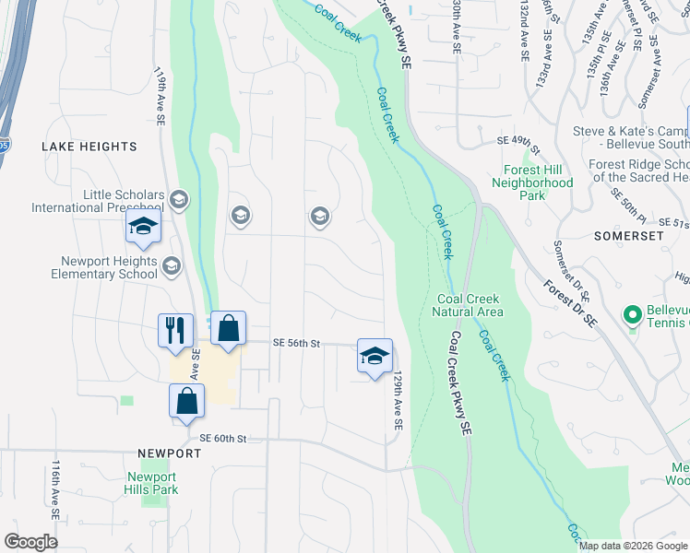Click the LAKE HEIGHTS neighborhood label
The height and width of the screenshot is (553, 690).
[89, 147]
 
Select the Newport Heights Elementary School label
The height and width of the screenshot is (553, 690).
[103, 267]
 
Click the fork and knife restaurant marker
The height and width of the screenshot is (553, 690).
[176, 329]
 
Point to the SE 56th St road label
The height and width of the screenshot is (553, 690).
[296, 343]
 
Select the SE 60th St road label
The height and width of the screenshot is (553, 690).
[224, 438]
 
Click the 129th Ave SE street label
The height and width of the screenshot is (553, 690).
[398, 402]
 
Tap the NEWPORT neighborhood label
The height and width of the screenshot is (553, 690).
[170, 454]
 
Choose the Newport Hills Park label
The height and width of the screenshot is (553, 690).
[150, 483]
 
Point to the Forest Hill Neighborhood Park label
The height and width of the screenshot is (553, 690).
[538, 182]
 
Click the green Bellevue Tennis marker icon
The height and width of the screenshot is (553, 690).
[632, 316]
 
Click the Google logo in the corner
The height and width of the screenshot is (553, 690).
[30, 542]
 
